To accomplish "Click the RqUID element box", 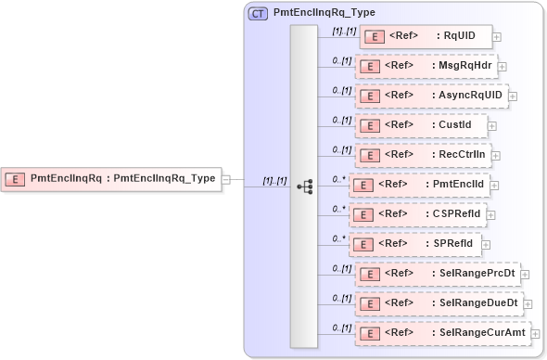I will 425,37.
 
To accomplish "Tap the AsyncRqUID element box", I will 430,96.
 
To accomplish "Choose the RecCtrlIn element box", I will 423,155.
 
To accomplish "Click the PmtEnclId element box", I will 418,185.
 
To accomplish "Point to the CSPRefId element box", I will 417,214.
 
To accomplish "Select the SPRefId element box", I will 413,244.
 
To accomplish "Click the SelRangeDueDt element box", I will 439,303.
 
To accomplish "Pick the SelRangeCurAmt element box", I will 442,332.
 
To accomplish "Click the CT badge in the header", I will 258,14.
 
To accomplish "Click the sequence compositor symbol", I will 304,186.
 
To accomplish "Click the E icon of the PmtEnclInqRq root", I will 17,178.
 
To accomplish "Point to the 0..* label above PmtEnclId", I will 339,178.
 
